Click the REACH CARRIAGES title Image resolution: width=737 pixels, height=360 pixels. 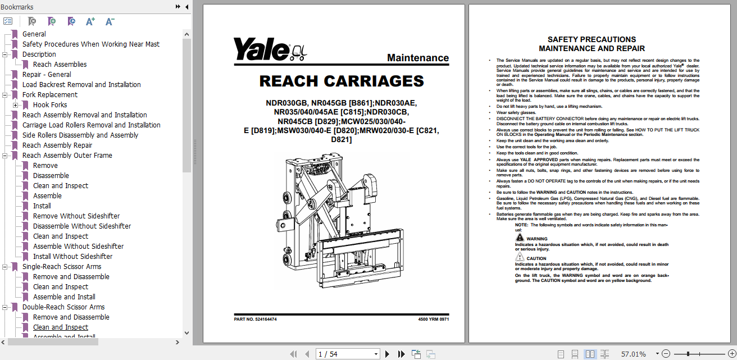pyautogui.click(x=342, y=81)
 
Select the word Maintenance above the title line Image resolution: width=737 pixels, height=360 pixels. pyautogui.click(x=418, y=58)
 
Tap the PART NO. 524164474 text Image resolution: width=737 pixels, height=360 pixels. pyautogui.click(x=256, y=319)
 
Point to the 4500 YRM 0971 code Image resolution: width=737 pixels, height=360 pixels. pyautogui.click(x=433, y=319)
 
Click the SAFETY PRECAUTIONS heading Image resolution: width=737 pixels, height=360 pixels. pyautogui.click(x=592, y=40)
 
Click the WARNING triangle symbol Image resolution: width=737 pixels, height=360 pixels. pyautogui.click(x=520, y=238)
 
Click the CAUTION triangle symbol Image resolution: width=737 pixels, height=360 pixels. pyautogui.click(x=520, y=258)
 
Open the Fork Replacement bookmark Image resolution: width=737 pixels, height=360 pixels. pyautogui.click(x=50, y=95)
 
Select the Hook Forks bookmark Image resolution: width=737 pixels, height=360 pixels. pyautogui.click(x=50, y=105)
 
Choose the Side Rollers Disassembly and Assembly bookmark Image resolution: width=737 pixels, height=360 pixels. pyautogui.click(x=80, y=135)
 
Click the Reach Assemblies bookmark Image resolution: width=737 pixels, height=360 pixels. pyautogui.click(x=60, y=65)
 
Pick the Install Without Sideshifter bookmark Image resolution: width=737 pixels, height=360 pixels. pyautogui.click(x=72, y=257)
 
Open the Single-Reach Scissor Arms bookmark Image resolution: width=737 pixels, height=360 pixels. pyautogui.click(x=62, y=267)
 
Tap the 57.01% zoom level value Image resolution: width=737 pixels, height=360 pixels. pyautogui.click(x=633, y=354)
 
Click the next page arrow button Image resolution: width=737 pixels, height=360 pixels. pyautogui.click(x=387, y=354)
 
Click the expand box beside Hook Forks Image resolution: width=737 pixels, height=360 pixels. pyautogui.click(x=16, y=105)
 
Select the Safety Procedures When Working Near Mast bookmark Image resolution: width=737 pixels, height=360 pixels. pyautogui.click(x=91, y=44)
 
